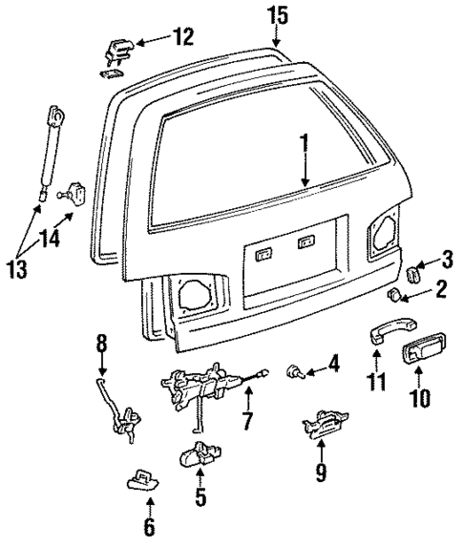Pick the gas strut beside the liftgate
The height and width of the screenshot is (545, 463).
pyautogui.click(x=50, y=153)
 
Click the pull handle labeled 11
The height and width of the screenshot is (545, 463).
pyautogui.click(x=374, y=335)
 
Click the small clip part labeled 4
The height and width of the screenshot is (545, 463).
pyautogui.click(x=293, y=373)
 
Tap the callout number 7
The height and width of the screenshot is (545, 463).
pyautogui.click(x=248, y=420)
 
